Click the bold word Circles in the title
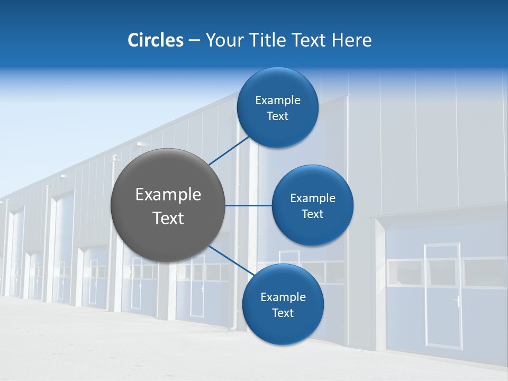155,40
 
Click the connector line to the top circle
230,150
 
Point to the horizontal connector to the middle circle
249,205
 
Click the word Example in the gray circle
168,195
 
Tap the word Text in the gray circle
168,218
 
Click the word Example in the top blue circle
278,100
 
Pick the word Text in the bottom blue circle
283,313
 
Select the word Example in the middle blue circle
313,198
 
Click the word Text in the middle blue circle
313,214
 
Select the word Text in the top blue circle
278,116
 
